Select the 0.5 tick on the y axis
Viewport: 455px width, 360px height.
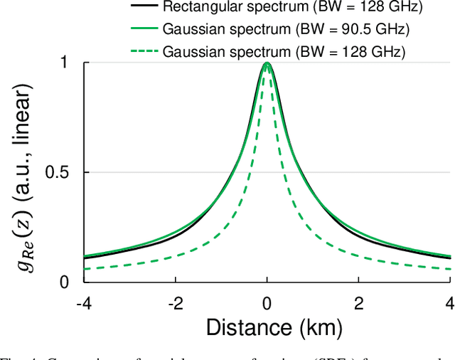click(x=56, y=173)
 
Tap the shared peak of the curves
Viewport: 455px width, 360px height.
click(x=267, y=63)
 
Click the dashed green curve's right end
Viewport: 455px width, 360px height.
click(x=450, y=269)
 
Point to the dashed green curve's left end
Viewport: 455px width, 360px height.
click(x=85, y=269)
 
